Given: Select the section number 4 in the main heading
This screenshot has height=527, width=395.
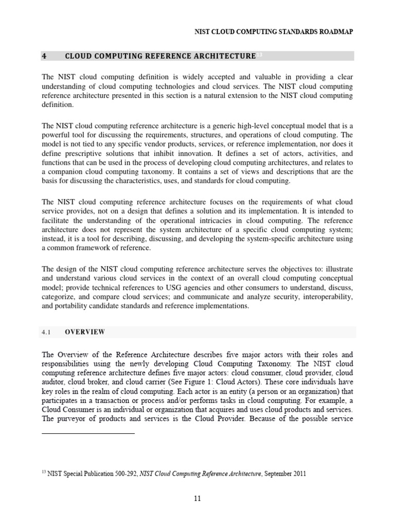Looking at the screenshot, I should coord(44,56).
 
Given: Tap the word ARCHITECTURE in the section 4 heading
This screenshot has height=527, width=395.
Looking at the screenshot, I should coord(224,56).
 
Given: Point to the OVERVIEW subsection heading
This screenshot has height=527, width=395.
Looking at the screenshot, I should coord(85,332).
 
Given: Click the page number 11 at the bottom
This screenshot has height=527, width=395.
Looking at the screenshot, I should coord(197,499).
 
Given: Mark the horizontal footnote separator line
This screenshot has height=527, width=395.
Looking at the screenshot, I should coord(88,433).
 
